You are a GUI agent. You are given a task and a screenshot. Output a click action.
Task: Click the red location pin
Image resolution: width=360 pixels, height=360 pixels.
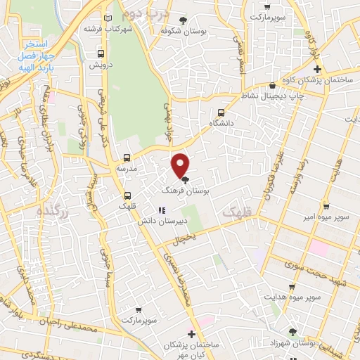[181, 165]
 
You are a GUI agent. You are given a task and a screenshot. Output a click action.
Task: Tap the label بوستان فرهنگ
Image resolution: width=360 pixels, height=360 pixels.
[185, 191]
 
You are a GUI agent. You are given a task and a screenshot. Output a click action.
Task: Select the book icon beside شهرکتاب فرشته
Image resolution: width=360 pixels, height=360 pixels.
[107, 19]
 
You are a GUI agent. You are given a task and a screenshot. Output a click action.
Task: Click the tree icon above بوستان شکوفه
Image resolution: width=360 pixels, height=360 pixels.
[184, 20]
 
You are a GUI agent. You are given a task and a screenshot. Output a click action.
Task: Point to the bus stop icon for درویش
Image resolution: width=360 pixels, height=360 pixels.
[101, 53]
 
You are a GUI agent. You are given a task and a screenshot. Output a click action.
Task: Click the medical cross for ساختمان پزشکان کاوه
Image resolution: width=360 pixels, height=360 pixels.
[317, 69]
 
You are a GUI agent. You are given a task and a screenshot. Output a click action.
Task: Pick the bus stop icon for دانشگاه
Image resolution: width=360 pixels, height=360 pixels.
[221, 112]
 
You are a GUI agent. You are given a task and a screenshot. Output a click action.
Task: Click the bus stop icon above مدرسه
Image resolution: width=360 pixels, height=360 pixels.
[127, 157]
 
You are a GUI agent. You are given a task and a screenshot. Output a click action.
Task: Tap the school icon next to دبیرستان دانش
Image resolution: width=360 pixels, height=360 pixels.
[161, 210]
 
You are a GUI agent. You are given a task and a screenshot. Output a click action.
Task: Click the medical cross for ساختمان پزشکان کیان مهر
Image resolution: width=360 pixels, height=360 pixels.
[191, 333]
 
